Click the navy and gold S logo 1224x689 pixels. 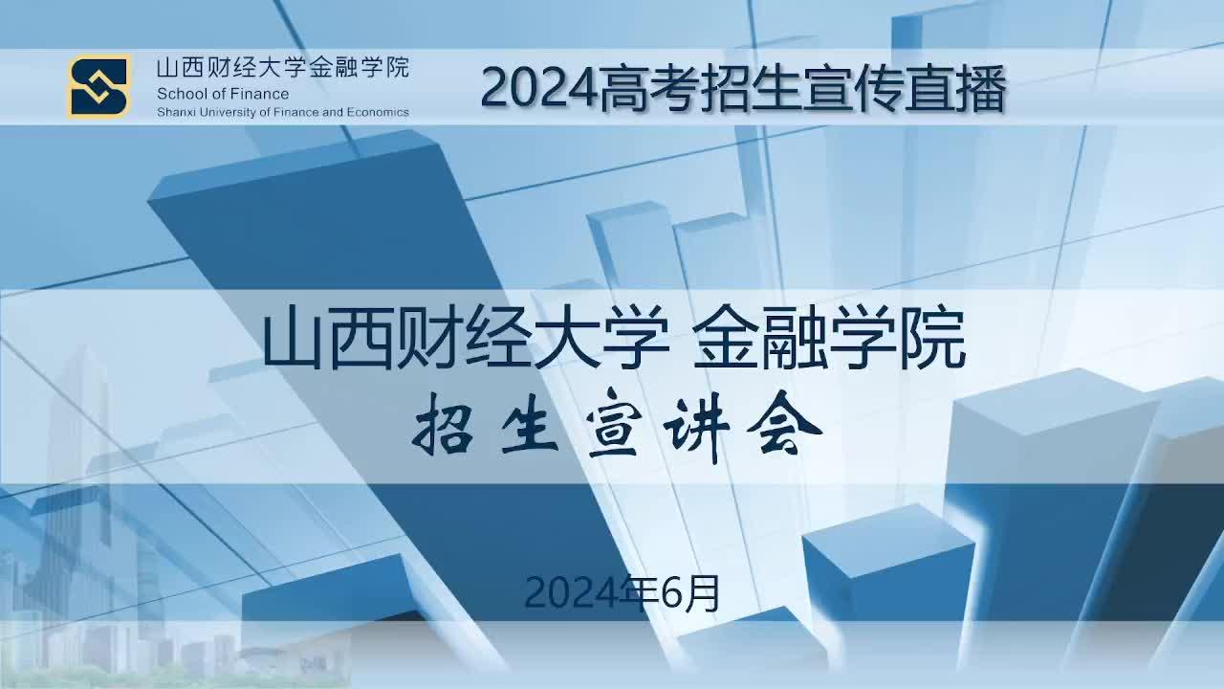pyautogui.click(x=98, y=86)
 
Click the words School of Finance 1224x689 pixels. pyautogui.click(x=223, y=94)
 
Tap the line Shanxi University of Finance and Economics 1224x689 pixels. pyautogui.click(x=282, y=112)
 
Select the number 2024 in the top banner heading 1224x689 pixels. pyautogui.click(x=540, y=89)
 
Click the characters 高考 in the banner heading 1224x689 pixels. pyautogui.click(x=649, y=89)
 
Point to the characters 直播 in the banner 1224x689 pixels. pyautogui.click(x=955, y=89)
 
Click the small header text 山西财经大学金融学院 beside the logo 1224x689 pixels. pyautogui.click(x=282, y=68)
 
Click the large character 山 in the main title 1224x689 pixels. pyautogui.click(x=293, y=339)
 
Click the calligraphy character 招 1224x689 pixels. pyautogui.click(x=443, y=425)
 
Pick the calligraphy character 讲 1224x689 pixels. pyautogui.click(x=698, y=427)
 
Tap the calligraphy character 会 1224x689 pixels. pyautogui.click(x=784, y=424)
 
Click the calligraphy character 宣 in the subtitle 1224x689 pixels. pyautogui.click(x=613, y=424)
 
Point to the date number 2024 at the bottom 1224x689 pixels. pyautogui.click(x=574, y=594)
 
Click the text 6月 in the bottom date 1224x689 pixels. pyautogui.click(x=690, y=594)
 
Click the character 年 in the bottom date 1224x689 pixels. pyautogui.click(x=642, y=592)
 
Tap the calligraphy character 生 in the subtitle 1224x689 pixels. pyautogui.click(x=530, y=425)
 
